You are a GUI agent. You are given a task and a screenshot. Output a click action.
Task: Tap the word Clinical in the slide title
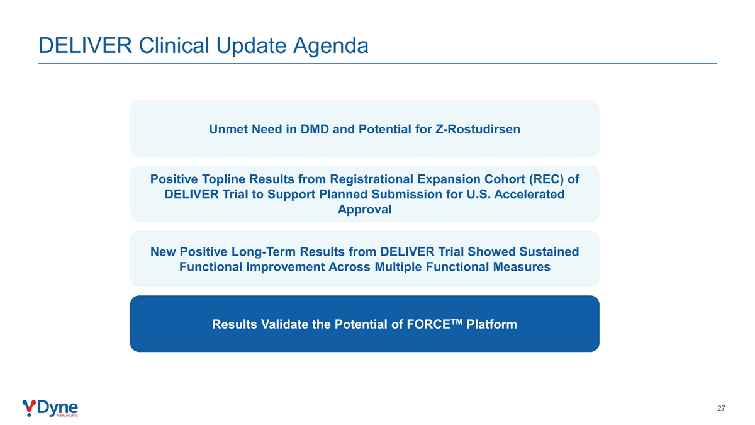[174, 45]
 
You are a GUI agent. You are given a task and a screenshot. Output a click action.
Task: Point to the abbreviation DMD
[315, 129]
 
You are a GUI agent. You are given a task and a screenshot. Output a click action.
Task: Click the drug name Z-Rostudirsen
[478, 129]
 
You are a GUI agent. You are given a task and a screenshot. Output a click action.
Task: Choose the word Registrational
[371, 179]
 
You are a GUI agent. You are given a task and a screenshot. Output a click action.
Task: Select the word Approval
[365, 210]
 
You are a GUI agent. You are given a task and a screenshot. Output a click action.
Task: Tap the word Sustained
[549, 252]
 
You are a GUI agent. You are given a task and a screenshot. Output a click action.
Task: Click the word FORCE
[428, 324]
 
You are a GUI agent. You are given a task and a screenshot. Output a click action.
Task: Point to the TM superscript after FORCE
[456, 322]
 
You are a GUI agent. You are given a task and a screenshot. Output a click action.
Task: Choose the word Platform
[491, 324]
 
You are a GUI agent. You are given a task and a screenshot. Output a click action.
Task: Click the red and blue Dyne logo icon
[29, 408]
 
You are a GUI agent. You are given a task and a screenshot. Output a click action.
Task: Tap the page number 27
[721, 408]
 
